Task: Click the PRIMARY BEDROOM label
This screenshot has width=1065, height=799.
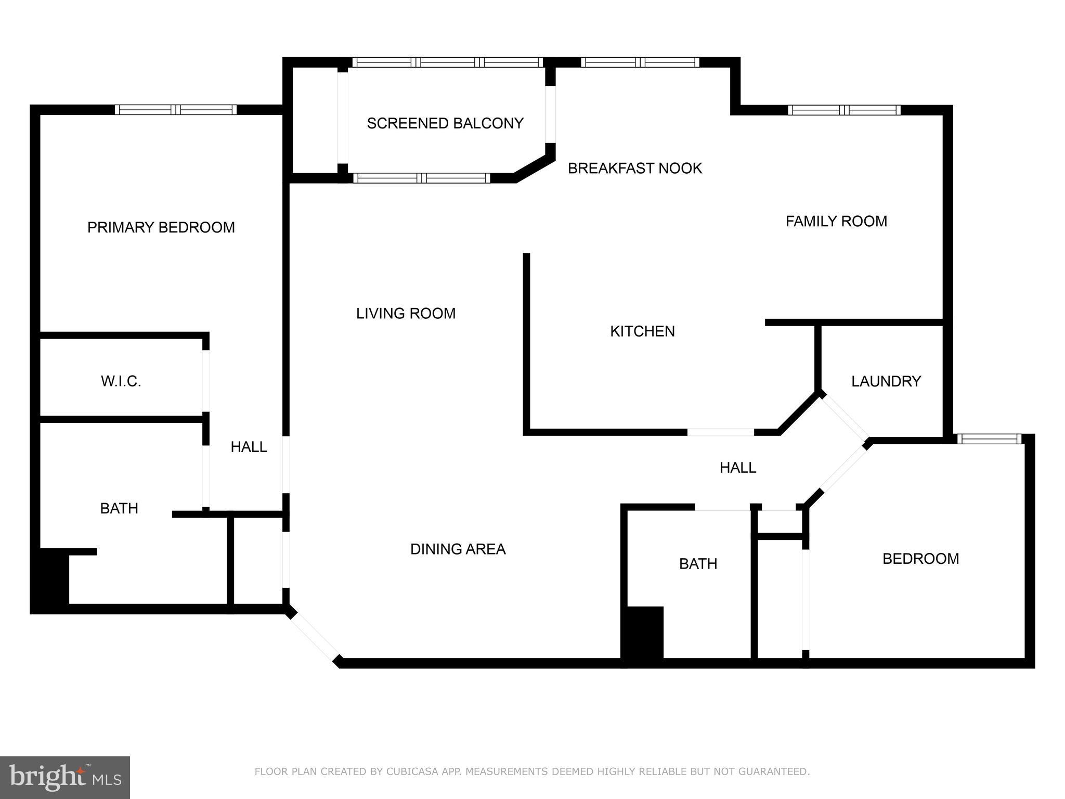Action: point(161,227)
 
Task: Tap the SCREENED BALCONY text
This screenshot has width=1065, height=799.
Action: point(445,123)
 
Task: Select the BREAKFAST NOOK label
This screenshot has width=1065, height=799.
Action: point(634,168)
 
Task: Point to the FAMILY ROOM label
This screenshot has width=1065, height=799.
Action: point(836,221)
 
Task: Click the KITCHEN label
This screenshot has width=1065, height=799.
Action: point(642,331)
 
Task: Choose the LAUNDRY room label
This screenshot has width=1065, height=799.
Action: point(886,381)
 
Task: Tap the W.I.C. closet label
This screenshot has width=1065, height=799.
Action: point(121,381)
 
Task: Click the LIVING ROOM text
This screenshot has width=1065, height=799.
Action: point(406,313)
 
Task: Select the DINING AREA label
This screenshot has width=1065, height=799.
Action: point(458,549)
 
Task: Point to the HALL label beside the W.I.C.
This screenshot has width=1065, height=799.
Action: point(249,447)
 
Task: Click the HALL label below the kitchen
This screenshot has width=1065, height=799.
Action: point(737,468)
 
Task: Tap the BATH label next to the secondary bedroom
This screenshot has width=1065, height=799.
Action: point(698,563)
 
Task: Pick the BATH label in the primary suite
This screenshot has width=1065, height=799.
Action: point(119,508)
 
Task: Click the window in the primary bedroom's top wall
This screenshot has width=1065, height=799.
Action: point(176,110)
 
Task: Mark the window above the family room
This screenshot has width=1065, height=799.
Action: point(843,110)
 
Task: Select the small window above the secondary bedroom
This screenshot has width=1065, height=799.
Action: point(990,439)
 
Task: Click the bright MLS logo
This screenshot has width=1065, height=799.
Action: point(64,777)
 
